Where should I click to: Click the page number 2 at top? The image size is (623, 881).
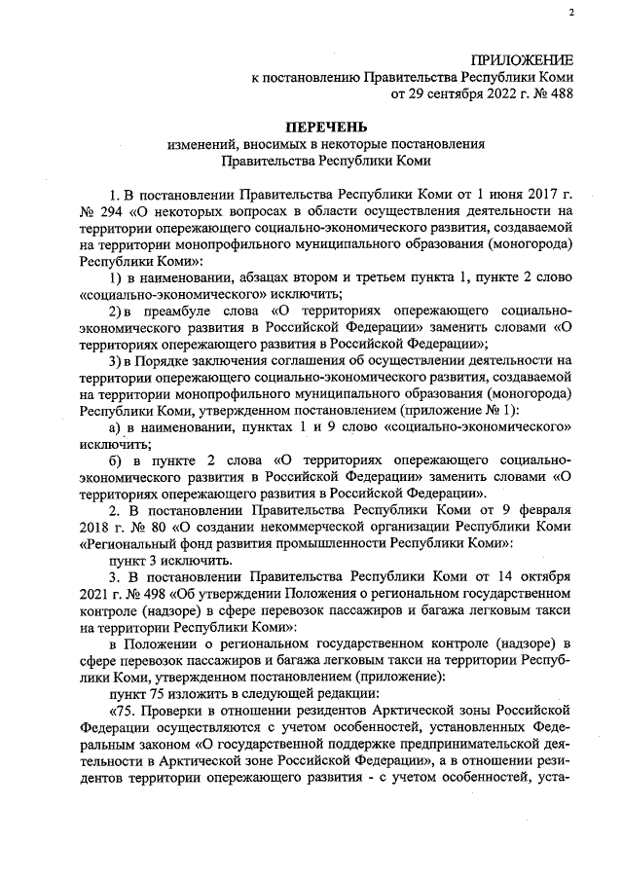click(571, 13)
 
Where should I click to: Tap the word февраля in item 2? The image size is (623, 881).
click(543, 509)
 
